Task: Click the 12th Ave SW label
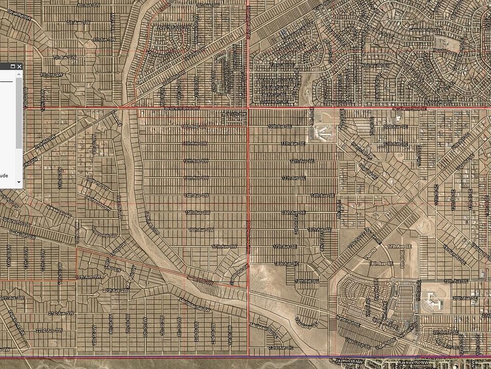[196, 161]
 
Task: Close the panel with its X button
[19, 66]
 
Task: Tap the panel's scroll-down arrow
[19, 182]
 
